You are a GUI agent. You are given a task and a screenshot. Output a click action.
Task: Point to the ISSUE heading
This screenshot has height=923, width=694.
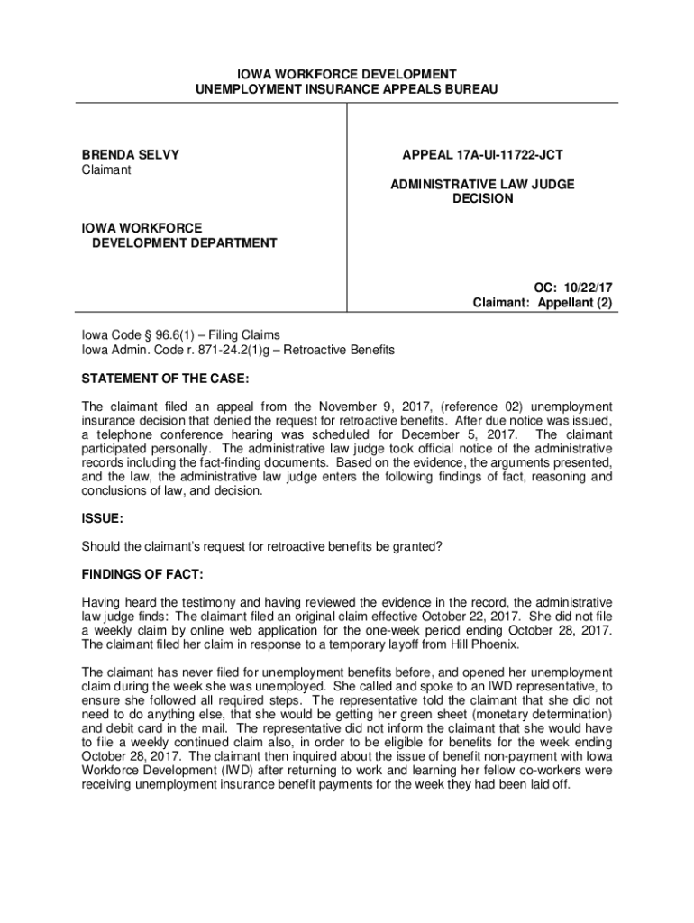coord(102,520)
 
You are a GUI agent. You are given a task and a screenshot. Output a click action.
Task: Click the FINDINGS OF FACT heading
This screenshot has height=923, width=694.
coord(142,574)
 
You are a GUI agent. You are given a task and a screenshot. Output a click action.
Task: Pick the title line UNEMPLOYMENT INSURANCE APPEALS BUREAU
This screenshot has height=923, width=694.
coord(347,89)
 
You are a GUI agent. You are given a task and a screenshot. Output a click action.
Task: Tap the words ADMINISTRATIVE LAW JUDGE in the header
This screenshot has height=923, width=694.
coord(482,184)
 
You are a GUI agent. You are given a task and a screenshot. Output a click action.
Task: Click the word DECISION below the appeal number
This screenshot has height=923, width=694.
coord(482,198)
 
